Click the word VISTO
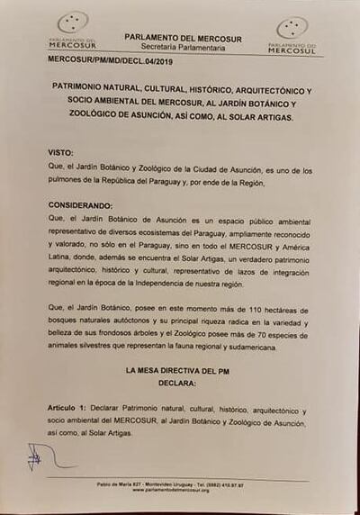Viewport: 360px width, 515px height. [60, 153]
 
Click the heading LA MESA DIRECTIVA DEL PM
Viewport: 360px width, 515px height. [176, 369]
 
